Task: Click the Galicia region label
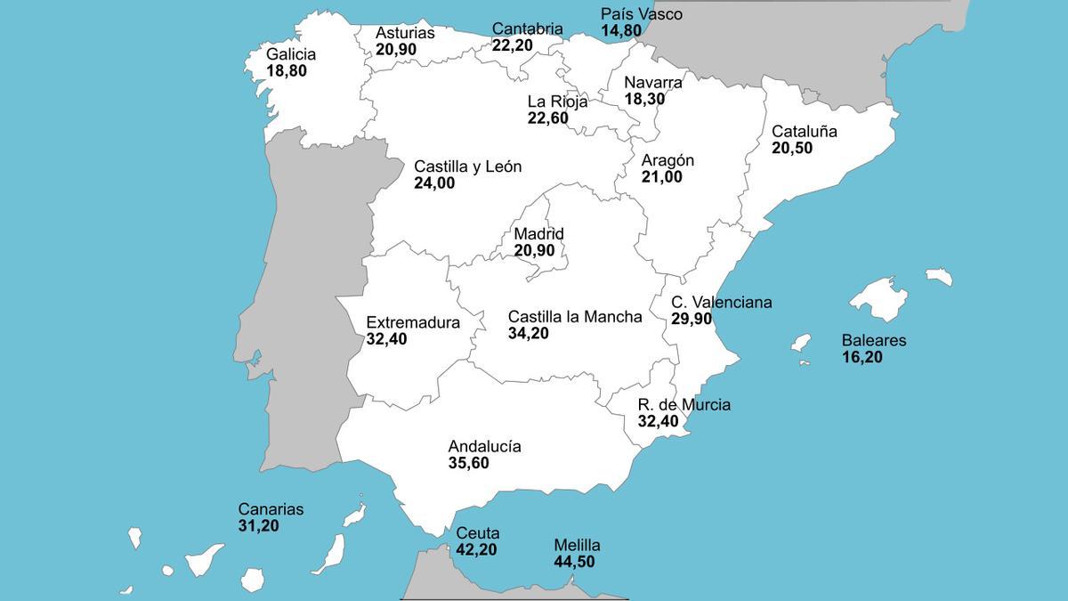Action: [290, 54]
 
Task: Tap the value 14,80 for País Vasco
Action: [620, 31]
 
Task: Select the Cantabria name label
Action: [527, 29]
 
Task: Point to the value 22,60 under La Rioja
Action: [547, 118]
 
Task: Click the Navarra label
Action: [652, 83]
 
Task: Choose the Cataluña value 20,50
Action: [791, 148]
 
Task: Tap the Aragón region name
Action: [667, 161]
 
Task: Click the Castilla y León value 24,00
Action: [433, 183]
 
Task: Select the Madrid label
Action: [538, 234]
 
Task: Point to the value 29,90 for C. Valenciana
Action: [692, 319]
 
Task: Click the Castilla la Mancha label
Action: [574, 317]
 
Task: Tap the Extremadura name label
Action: [413, 322]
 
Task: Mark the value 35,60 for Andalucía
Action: [468, 463]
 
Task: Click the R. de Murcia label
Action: [684, 405]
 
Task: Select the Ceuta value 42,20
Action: [476, 549]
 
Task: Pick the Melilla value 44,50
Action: [574, 562]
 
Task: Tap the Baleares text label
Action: [873, 340]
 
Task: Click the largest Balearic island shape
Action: [877, 298]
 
